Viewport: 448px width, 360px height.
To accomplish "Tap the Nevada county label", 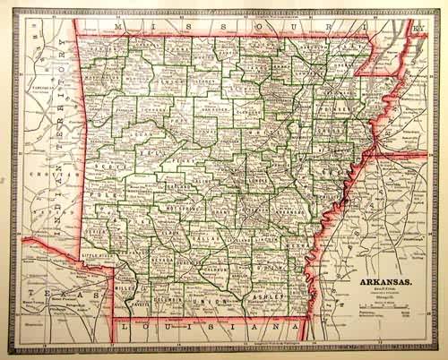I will pos(162,258).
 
